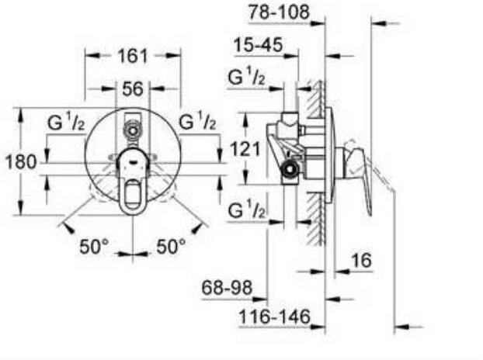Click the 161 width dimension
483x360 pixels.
[x=133, y=56]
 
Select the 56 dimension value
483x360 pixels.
[x=133, y=89]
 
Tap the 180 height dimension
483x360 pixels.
[x=21, y=162]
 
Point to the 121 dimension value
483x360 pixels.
[x=245, y=150]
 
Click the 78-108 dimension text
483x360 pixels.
[x=279, y=12]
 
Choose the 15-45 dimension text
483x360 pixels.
[x=258, y=45]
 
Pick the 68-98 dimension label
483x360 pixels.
[x=227, y=288]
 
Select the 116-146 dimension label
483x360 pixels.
[x=274, y=317]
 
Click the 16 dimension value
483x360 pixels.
[x=362, y=261]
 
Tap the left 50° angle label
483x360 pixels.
[x=94, y=246]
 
